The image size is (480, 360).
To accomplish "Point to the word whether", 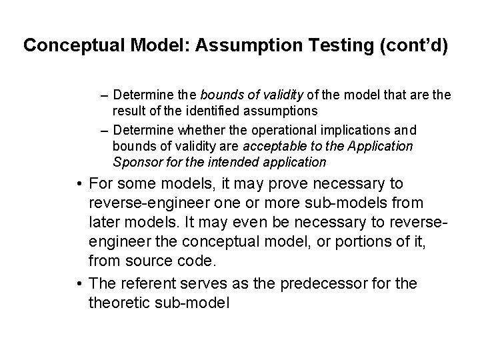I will tap(201, 131).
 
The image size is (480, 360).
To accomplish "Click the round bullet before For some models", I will tap(79, 183).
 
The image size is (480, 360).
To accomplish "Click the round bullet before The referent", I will tap(79, 283).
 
